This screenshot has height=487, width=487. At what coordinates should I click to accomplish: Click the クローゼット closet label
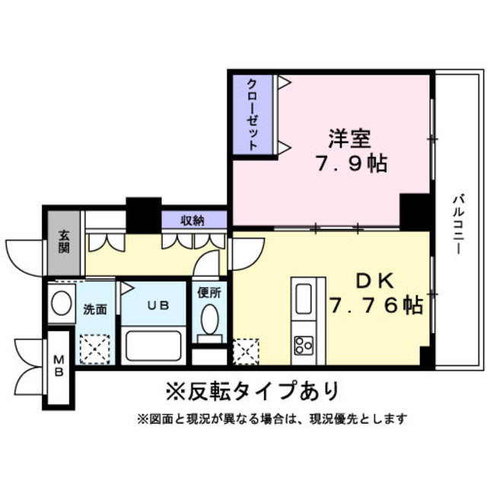tap(252, 114)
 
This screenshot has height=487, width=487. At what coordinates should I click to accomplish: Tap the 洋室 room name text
tap(349, 140)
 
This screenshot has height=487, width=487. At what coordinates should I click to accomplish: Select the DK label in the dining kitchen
tap(370, 282)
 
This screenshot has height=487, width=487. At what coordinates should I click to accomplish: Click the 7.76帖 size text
tap(376, 306)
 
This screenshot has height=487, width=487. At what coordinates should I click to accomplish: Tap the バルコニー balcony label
tap(459, 224)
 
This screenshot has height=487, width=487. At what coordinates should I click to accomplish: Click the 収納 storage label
tap(193, 221)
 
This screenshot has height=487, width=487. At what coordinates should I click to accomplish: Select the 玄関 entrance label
tap(64, 242)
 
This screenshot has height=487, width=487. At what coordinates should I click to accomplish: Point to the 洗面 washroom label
tap(95, 309)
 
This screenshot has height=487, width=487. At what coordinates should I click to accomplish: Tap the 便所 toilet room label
tap(209, 292)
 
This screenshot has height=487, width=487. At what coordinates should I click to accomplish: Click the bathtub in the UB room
tap(154, 345)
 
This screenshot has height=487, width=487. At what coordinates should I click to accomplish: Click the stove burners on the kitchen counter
tap(304, 345)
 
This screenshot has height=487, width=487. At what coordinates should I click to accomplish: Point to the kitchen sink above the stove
tap(304, 296)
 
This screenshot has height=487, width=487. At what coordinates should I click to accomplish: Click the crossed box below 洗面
tap(97, 348)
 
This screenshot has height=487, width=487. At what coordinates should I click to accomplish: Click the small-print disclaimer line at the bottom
tap(272, 419)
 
